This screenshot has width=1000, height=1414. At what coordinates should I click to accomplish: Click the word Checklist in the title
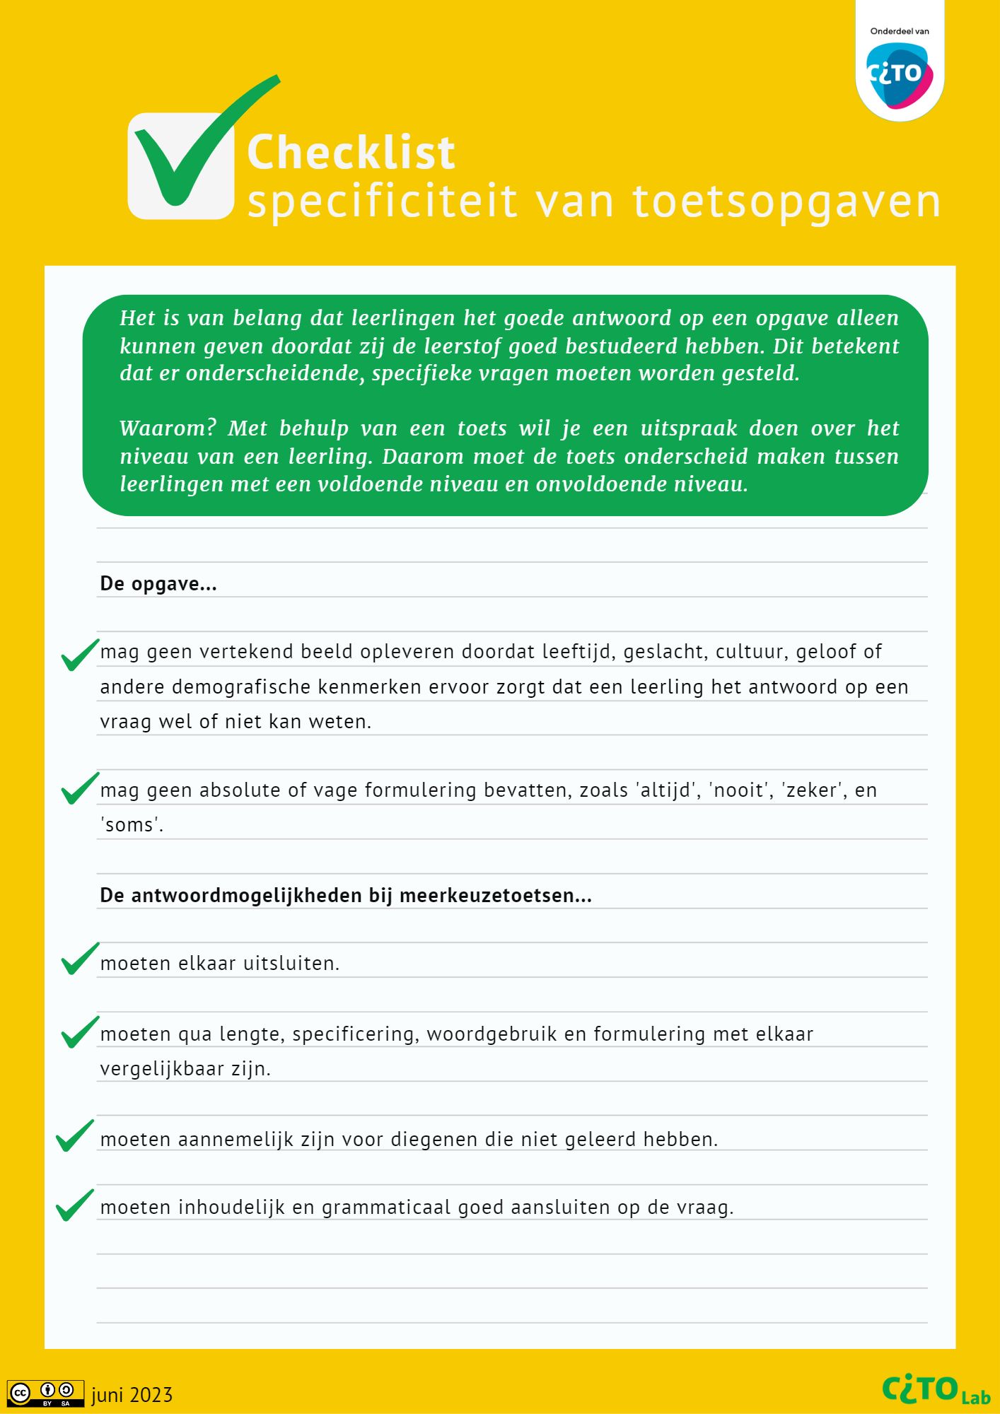pos(351,153)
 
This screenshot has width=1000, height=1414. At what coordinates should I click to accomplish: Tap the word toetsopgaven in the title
pos(786,202)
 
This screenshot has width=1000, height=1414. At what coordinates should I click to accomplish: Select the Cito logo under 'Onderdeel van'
pos(900,75)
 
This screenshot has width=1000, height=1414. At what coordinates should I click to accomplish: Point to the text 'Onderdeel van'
pos(900,31)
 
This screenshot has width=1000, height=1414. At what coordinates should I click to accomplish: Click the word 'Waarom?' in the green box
pos(168,428)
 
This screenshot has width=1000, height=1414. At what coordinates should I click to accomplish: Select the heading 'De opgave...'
pos(158,584)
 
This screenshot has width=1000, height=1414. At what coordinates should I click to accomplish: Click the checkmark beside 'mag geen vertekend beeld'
pos(79,655)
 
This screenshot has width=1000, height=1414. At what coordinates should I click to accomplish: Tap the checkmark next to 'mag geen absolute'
pos(79,788)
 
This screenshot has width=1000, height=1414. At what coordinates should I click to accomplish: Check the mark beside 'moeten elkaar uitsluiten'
pos(79,959)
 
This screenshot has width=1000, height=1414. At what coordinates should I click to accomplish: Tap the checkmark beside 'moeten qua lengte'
pos(79,1032)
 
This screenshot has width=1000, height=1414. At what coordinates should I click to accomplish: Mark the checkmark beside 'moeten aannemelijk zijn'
pos(74,1135)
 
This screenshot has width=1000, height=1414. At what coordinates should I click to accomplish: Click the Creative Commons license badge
pos(45,1393)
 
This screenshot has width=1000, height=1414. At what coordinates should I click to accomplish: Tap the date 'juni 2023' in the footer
pos(132,1395)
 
